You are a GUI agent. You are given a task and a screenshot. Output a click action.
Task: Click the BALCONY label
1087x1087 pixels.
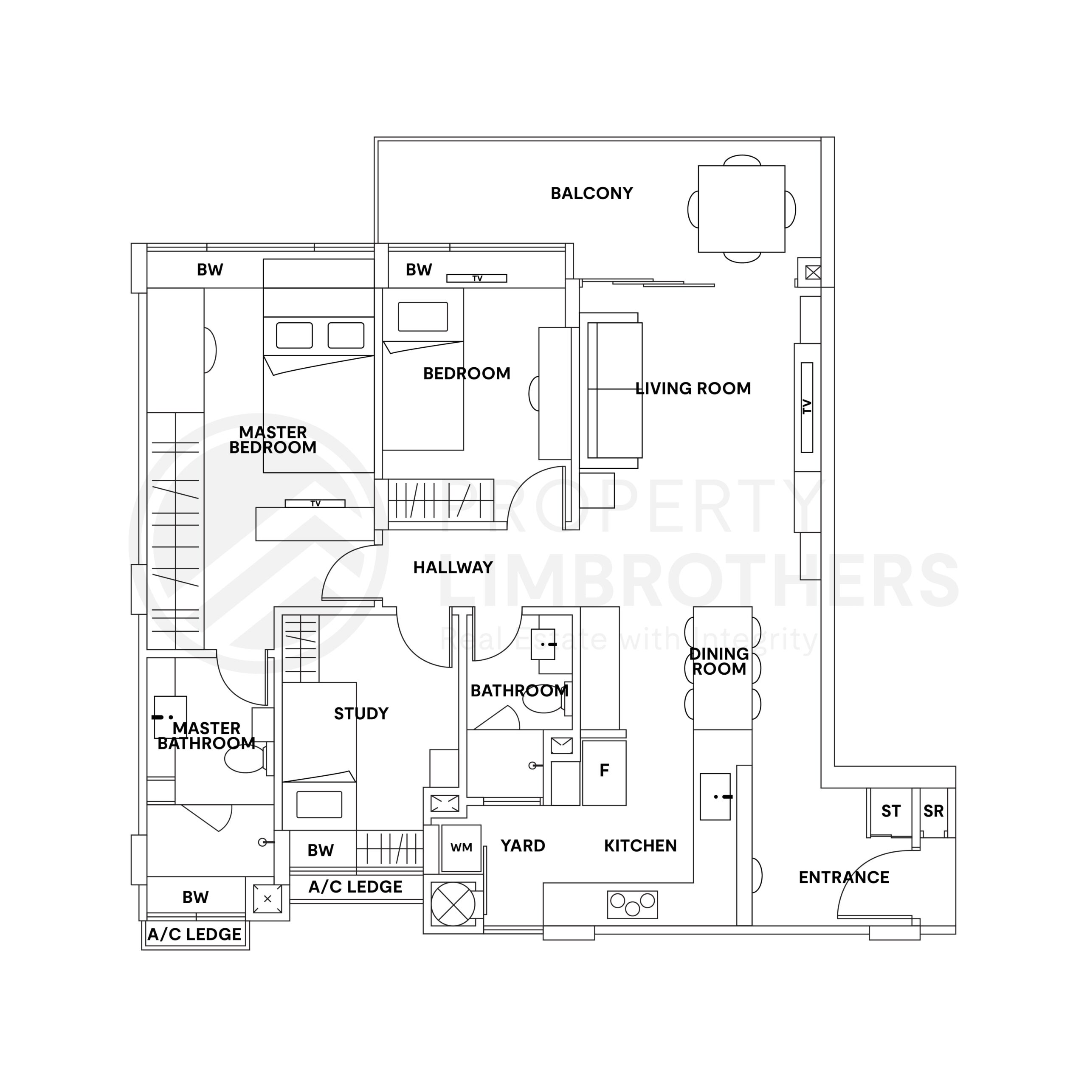click(591, 194)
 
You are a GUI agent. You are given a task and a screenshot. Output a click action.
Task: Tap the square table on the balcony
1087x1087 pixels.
click(741, 209)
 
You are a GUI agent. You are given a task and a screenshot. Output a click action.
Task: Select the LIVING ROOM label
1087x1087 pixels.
click(693, 388)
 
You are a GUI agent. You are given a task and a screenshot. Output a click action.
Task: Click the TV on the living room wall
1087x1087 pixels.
click(807, 407)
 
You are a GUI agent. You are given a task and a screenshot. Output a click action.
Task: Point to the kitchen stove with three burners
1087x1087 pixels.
click(632, 904)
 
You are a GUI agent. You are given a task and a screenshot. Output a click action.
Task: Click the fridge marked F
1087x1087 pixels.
click(604, 770)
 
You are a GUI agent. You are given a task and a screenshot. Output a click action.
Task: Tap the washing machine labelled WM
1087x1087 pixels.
click(461, 848)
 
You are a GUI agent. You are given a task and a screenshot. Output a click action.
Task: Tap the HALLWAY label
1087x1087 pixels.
click(453, 567)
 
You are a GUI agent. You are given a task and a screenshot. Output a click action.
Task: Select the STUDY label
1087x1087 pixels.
click(360, 713)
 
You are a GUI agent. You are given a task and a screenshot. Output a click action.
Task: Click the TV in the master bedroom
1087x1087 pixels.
click(315, 503)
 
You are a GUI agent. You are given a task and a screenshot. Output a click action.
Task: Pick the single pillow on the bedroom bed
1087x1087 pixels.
click(422, 316)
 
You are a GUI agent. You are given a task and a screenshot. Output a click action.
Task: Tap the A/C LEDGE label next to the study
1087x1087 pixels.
click(355, 887)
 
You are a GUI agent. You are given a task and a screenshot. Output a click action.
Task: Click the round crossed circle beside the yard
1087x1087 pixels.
click(452, 904)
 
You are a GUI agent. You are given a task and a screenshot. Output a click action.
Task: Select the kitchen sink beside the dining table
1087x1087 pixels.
click(715, 796)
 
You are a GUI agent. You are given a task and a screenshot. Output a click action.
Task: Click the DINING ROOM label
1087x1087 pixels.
click(718, 661)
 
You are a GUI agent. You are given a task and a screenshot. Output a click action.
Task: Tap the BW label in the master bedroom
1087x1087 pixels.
click(210, 270)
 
